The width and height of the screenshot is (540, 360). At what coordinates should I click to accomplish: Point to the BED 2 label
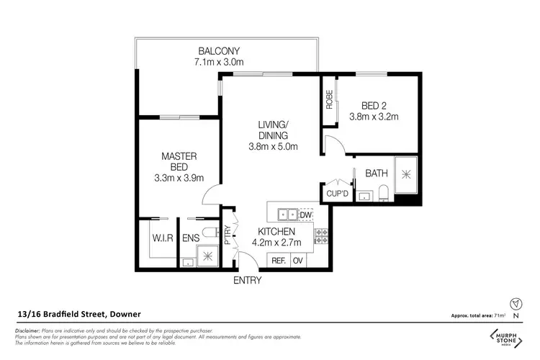coord(373,104)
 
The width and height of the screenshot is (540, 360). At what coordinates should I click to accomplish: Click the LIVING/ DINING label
coord(273,130)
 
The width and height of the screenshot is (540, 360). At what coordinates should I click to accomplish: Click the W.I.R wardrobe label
coord(160,238)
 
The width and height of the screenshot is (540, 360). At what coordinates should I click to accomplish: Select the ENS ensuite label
coord(191,238)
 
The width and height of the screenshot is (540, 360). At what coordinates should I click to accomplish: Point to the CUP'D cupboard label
coord(337,194)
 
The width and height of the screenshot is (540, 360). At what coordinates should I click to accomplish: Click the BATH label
coord(377,174)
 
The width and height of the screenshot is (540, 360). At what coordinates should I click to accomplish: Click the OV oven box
coord(298,260)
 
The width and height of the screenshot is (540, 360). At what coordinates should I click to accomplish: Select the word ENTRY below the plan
coord(248,281)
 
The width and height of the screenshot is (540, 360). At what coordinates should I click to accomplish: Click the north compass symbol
coord(513,302)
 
